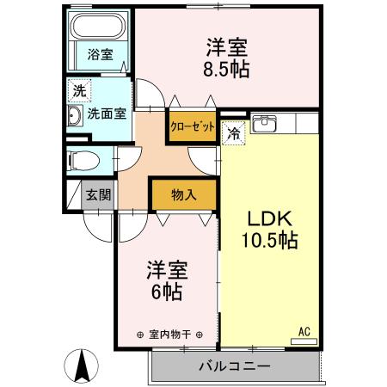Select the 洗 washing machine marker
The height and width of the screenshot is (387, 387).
point(78,90)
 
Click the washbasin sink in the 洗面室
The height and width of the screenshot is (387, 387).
point(73,116)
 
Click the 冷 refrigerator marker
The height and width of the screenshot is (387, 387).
point(233,132)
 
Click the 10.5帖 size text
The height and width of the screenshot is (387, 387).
point(269,240)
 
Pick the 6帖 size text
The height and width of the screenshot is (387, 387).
point(167,292)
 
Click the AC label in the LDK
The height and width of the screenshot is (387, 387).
point(304,330)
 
